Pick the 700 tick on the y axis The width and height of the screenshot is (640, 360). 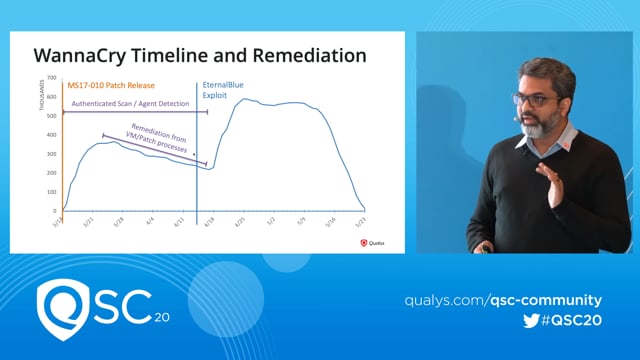point(51,78)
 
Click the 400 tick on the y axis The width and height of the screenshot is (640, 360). point(51,135)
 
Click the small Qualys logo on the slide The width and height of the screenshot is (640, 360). point(372,241)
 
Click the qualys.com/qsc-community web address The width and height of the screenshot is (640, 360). point(503,300)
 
